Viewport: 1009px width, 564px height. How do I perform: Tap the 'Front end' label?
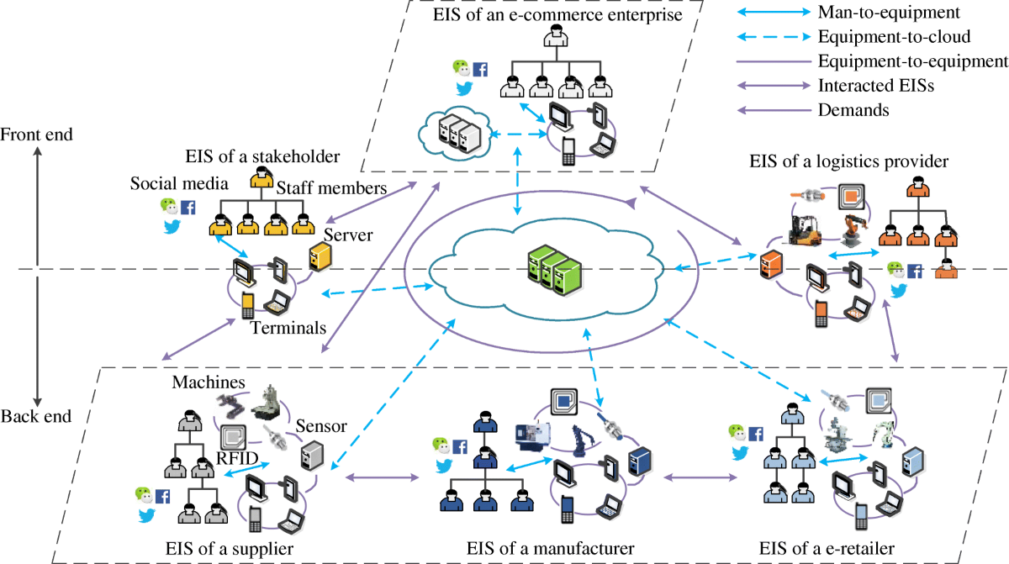pyautogui.click(x=37, y=134)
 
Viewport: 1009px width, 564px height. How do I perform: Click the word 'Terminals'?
pyautogui.click(x=288, y=329)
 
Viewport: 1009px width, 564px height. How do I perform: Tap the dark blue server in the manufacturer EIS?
pyautogui.click(x=642, y=461)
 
